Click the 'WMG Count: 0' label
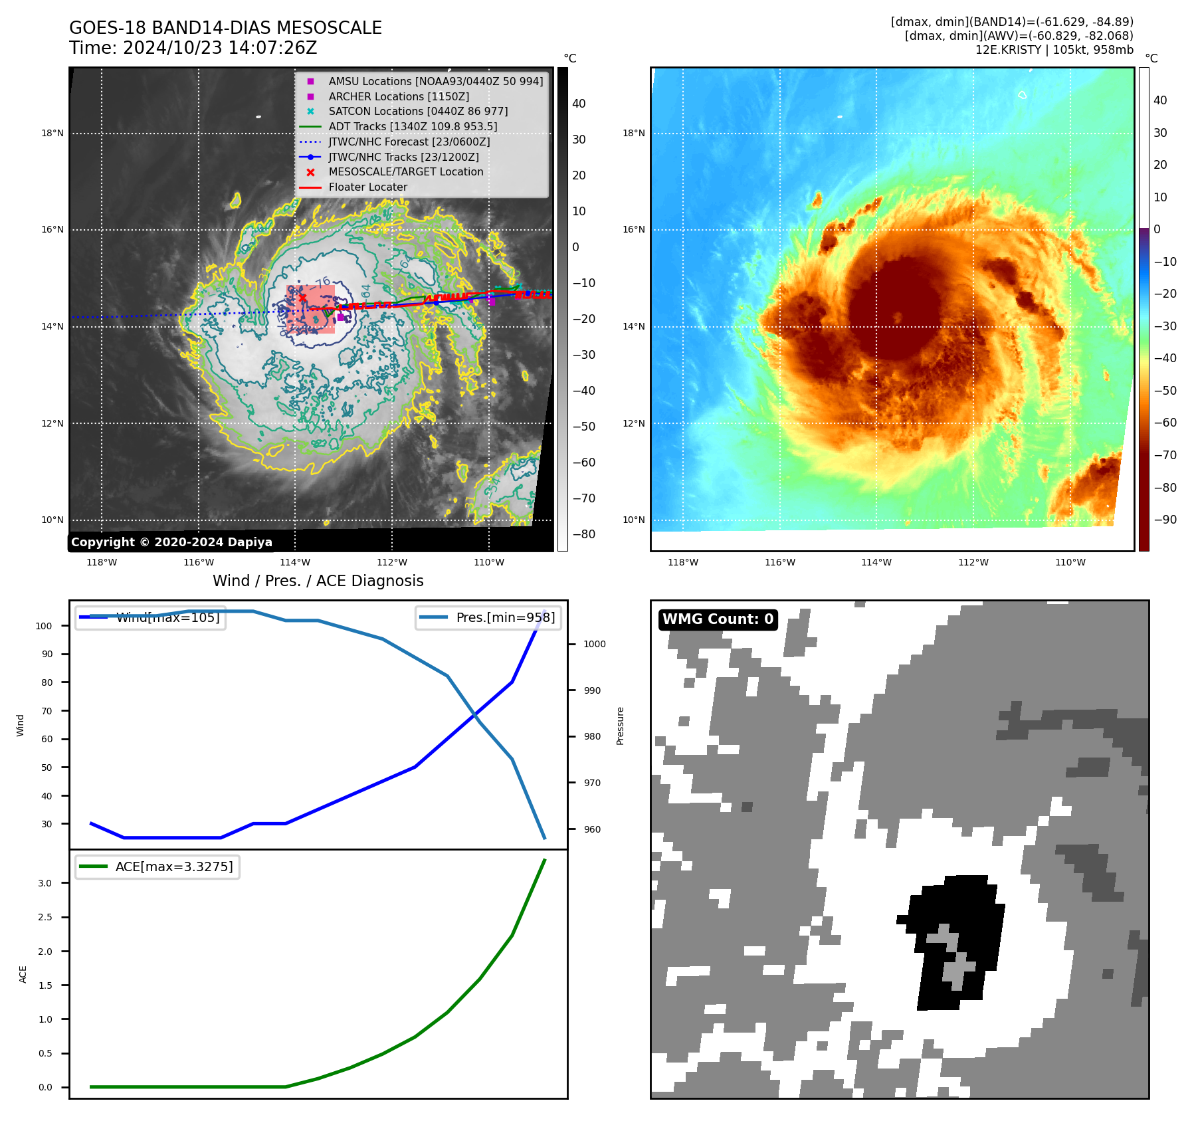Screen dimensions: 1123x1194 point(718,619)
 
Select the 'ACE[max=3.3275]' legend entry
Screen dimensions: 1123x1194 point(174,867)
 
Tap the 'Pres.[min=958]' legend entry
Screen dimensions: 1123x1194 point(505,617)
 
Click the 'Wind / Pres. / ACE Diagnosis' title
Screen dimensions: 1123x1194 point(318,581)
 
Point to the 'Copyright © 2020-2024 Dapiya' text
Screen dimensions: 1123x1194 point(171,542)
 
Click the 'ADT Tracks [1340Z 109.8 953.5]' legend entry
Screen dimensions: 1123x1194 point(413,126)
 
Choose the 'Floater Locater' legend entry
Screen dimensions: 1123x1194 point(367,187)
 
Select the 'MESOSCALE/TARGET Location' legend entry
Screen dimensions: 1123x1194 point(405,171)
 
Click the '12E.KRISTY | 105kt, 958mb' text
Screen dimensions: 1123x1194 point(1054,50)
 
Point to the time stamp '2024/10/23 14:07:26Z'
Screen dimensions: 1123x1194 point(220,48)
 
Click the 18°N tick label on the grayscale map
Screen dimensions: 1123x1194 point(52,133)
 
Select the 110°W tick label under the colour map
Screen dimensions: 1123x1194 point(1070,562)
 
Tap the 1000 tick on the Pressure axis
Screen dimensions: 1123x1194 point(594,644)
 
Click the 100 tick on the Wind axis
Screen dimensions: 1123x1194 point(44,626)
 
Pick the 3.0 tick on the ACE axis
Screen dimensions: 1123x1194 point(45,883)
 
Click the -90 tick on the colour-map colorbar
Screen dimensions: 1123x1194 point(1165,520)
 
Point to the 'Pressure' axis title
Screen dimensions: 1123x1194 point(620,726)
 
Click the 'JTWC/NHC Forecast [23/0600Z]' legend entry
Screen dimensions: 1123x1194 point(409,142)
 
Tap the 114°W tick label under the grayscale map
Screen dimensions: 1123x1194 point(295,562)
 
